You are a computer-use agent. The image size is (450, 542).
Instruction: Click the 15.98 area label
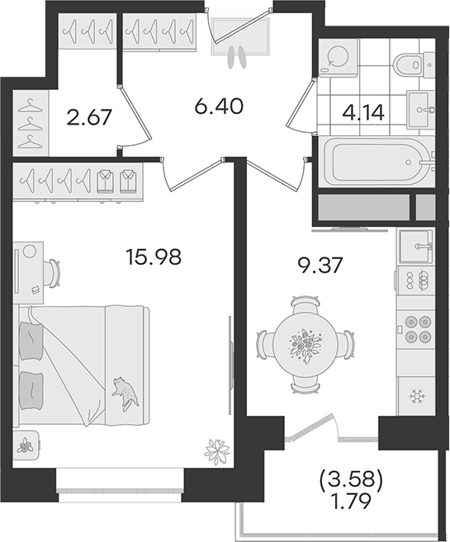[x=154, y=257]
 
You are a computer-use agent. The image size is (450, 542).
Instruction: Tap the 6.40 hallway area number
[x=219, y=106]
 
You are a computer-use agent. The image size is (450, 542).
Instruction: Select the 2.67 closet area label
[x=89, y=117]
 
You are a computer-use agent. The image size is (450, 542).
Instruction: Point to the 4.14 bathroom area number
[x=363, y=113]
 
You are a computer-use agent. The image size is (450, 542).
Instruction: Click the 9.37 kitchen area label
[x=321, y=266]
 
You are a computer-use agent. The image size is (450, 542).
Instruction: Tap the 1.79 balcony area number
[x=352, y=500]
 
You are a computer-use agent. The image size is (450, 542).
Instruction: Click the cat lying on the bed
[x=125, y=394]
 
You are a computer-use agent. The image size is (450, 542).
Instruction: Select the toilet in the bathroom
[x=414, y=64]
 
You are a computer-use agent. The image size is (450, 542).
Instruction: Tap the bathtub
[x=377, y=162]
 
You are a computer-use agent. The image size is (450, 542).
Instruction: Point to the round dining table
[x=305, y=345]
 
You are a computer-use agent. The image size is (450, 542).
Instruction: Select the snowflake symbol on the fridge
[x=417, y=396]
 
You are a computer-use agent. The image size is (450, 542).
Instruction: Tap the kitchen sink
[x=416, y=247]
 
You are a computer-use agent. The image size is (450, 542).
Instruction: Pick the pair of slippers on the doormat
[x=237, y=58]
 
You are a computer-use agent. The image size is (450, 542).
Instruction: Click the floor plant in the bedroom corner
[x=217, y=451]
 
